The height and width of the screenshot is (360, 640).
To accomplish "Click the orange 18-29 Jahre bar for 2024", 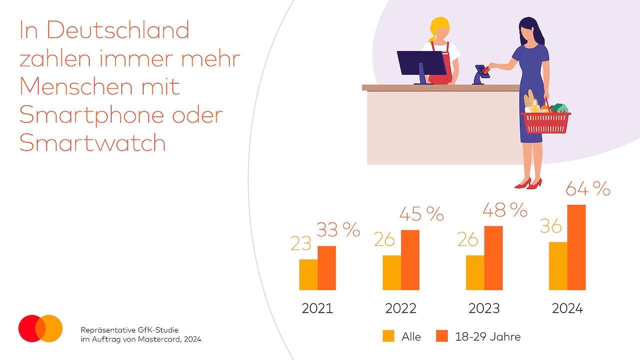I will point(576,247).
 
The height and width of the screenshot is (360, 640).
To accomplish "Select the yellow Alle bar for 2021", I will point(308,274).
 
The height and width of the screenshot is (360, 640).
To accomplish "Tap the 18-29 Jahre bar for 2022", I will point(410,259).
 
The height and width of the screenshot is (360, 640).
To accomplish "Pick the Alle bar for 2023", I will point(475,272).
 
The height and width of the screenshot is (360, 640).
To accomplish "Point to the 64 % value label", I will point(587,189).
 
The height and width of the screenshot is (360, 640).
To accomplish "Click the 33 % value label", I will point(338,229).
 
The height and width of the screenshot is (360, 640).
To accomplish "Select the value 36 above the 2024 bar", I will point(551,227).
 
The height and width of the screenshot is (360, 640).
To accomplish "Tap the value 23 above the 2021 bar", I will point(301,243).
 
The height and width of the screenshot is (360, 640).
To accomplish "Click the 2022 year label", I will point(400,308).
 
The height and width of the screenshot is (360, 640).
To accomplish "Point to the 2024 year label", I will point(567,308).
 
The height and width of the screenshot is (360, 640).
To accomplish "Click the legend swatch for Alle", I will point(388,336).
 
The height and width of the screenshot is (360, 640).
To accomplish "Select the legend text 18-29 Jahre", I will point(487,336).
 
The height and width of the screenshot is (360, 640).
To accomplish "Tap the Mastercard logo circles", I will point(40,328).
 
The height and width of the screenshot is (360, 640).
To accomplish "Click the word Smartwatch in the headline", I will point(92,143).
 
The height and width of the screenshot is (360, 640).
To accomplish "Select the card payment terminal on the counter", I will point(480,74).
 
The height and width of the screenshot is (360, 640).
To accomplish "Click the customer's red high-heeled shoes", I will point(528,183).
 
